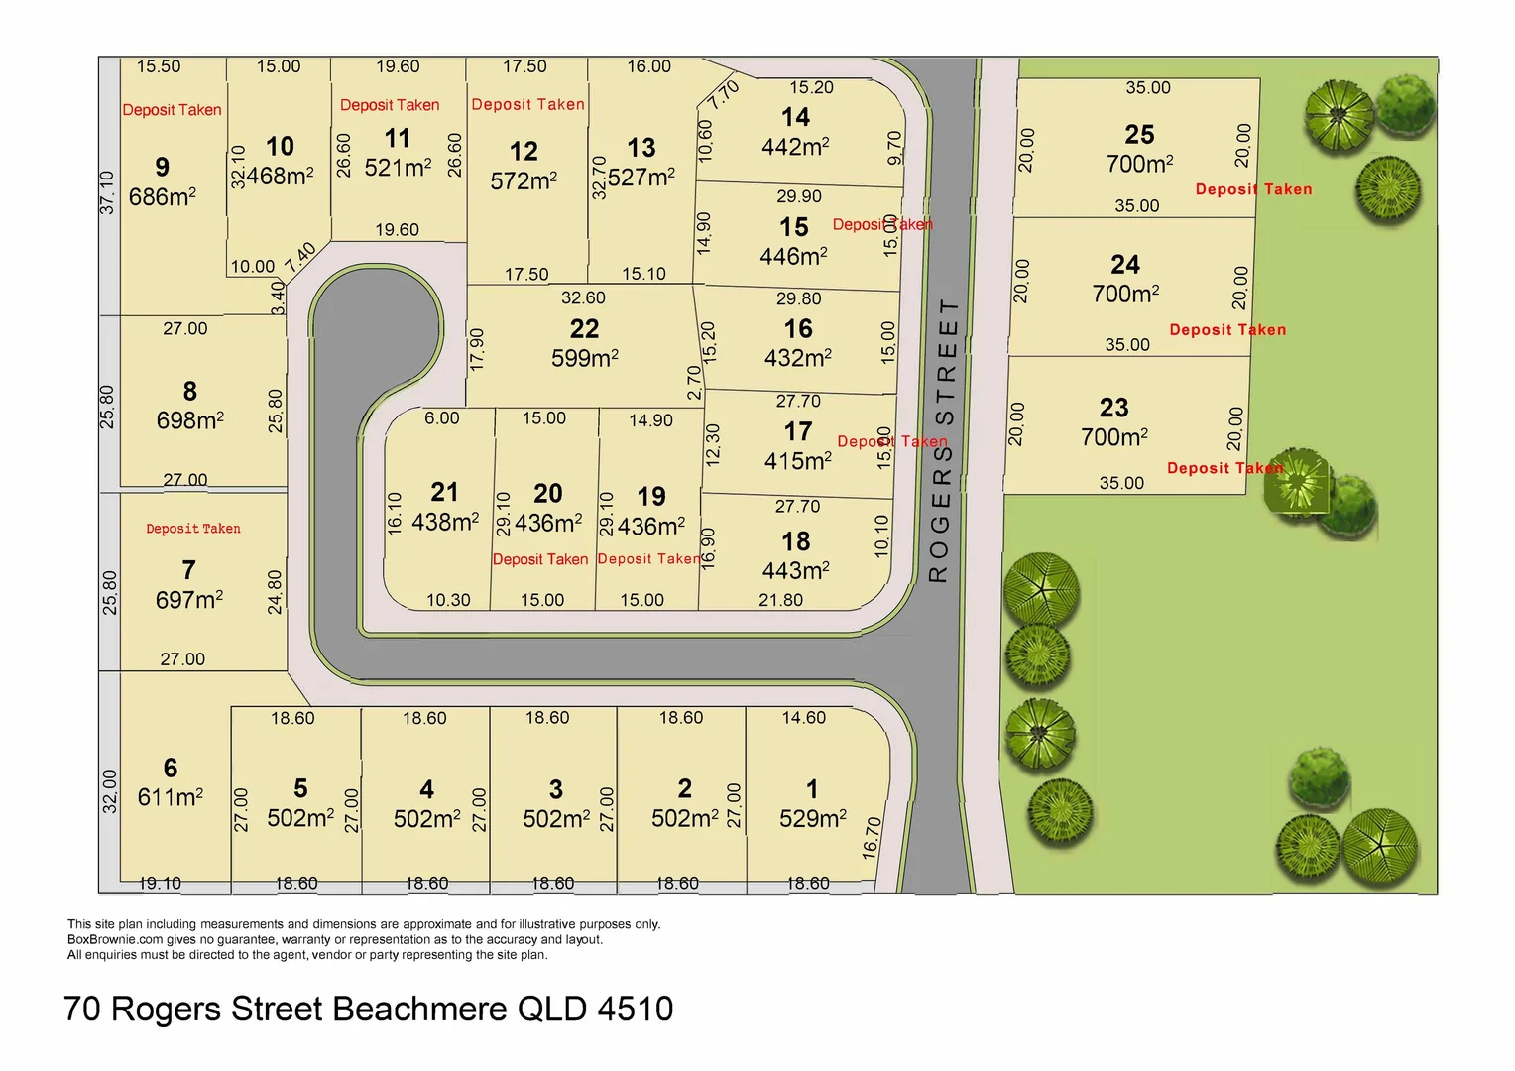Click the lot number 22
[584, 329]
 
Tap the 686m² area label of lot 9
[163, 197]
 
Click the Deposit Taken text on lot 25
[1253, 189]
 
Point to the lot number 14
[795, 118]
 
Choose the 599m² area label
[585, 358]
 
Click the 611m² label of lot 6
[171, 797]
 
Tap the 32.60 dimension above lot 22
[583, 297]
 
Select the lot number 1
[812, 789]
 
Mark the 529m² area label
[813, 818]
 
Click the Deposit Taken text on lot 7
[193, 529]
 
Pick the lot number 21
[445, 492]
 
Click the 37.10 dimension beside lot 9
[108, 191]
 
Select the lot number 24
[1125, 265]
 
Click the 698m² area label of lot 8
[190, 420]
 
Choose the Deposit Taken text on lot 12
[527, 104]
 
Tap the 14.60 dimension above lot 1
[803, 718]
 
